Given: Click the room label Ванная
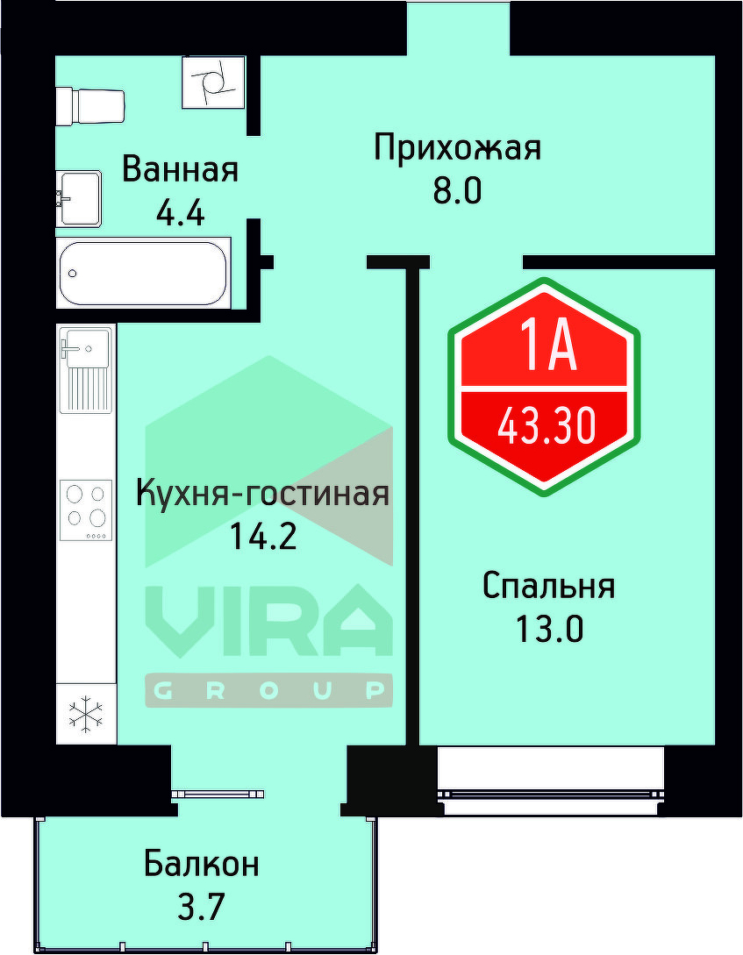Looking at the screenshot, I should point(180,168).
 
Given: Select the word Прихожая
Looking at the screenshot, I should point(457,147).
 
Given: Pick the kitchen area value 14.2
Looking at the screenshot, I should point(262,535).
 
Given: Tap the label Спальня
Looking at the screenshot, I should point(548,586).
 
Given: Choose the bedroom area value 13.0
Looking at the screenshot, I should point(548,629).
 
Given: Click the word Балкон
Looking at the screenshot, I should point(202,864).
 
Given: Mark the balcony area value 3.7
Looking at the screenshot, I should point(202,906).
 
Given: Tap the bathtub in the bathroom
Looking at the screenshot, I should point(143,273).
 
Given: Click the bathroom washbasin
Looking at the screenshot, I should point(79,198).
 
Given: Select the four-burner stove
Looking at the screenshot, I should point(86,510).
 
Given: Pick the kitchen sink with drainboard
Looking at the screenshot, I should point(85,369).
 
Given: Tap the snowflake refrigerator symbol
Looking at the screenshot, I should point(86,714).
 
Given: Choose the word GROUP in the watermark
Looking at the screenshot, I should point(268,691).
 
